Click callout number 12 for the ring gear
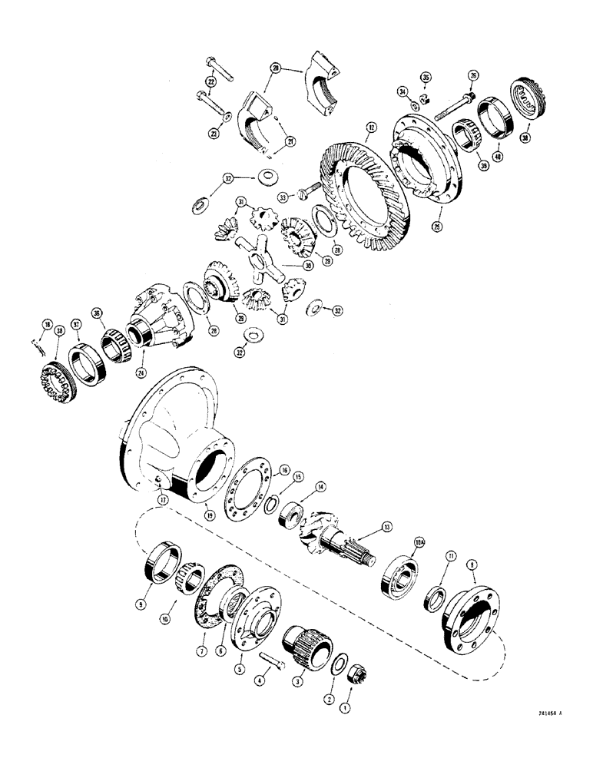pos(371,126)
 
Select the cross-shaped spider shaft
pos(260,257)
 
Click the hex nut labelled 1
pos(358,675)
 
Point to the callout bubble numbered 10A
pos(419,540)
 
